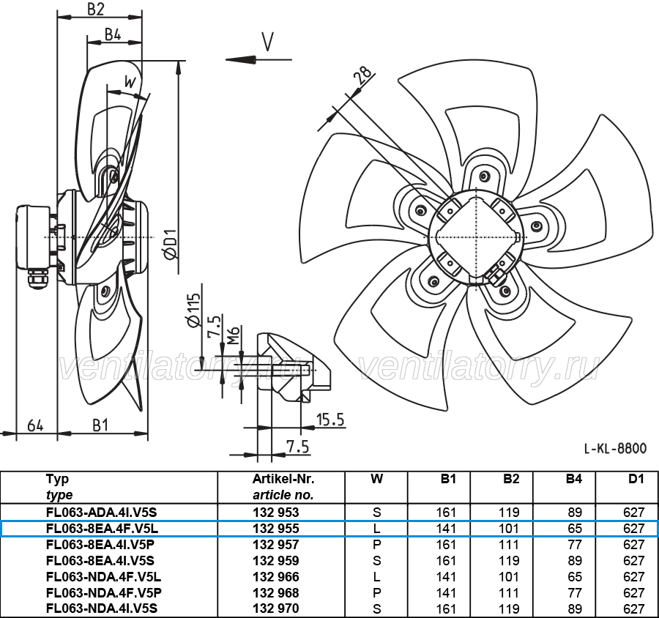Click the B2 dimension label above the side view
point(95,10)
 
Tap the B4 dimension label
point(113,34)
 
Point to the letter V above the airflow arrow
point(268,42)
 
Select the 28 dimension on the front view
point(363,75)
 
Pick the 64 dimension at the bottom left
point(35,425)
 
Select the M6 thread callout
point(234,335)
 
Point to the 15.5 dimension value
point(330,420)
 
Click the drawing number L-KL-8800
point(615,449)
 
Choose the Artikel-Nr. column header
point(283,479)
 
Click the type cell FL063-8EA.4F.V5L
point(102,529)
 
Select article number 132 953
point(276,513)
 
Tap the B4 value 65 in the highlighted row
point(575,529)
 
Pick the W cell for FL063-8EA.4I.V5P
point(376,545)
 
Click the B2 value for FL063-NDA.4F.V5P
point(509,593)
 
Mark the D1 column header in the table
point(636,479)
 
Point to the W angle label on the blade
point(130,81)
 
